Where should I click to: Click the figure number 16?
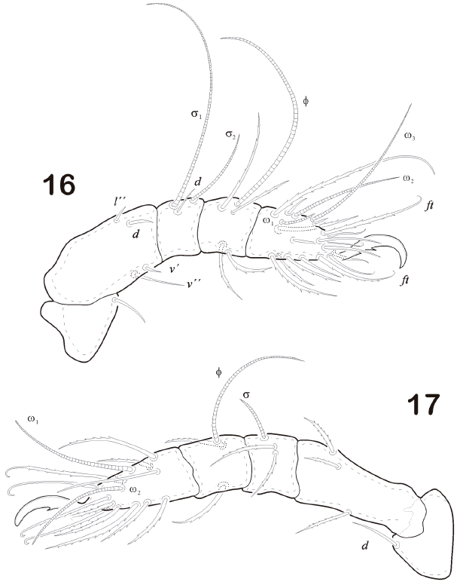[x=59, y=185]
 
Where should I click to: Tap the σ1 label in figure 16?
[x=196, y=113]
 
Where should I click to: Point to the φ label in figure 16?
[x=306, y=101]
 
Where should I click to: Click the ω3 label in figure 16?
[x=410, y=136]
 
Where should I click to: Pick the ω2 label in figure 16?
[x=408, y=179]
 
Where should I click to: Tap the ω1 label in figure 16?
[x=268, y=221]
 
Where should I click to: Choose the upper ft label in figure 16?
[x=429, y=205]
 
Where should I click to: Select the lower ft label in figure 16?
[x=405, y=280]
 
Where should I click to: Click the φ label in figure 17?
[x=218, y=372]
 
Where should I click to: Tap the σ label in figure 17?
[x=245, y=394]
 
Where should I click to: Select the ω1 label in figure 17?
[x=33, y=419]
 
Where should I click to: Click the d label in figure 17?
[x=365, y=547]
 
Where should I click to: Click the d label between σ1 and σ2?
[x=198, y=182]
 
